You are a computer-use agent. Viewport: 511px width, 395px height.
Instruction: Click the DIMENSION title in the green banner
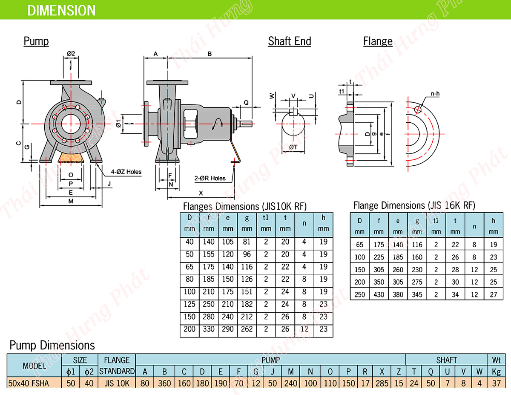coord(61,10)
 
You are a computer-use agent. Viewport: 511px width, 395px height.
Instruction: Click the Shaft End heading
coord(290,41)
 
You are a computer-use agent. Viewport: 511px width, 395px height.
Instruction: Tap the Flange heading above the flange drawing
coord(378,41)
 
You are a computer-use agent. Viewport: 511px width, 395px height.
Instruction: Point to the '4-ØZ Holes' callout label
coord(126,172)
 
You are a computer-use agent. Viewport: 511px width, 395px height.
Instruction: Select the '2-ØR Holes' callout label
coord(210,178)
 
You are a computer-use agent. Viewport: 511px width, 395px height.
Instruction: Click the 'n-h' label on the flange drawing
coord(435,93)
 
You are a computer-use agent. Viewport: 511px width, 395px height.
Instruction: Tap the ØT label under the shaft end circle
coord(293,147)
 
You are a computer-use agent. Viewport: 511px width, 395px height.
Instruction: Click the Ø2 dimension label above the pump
coord(71,54)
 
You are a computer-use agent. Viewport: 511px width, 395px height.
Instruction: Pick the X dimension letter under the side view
coord(201,193)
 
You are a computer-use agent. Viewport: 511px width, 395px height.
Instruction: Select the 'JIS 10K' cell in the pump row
coord(117,383)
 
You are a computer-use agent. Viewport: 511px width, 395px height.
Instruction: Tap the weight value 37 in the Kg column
coord(496,383)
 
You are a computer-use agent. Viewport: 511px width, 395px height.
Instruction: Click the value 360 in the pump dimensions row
coord(164,383)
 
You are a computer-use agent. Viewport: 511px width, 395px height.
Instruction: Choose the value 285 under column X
coord(382,383)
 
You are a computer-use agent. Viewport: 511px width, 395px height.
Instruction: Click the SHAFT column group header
coord(447,360)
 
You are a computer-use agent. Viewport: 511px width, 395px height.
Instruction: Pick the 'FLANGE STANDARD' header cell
coord(117,365)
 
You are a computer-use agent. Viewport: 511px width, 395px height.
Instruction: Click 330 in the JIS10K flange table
coord(209,329)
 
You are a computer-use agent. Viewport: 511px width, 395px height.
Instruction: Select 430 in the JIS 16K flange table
coord(379,294)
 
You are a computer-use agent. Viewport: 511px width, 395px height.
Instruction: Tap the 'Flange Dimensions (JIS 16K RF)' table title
coord(414,206)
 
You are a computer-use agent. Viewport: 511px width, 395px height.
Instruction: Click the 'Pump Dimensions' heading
coord(52,345)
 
